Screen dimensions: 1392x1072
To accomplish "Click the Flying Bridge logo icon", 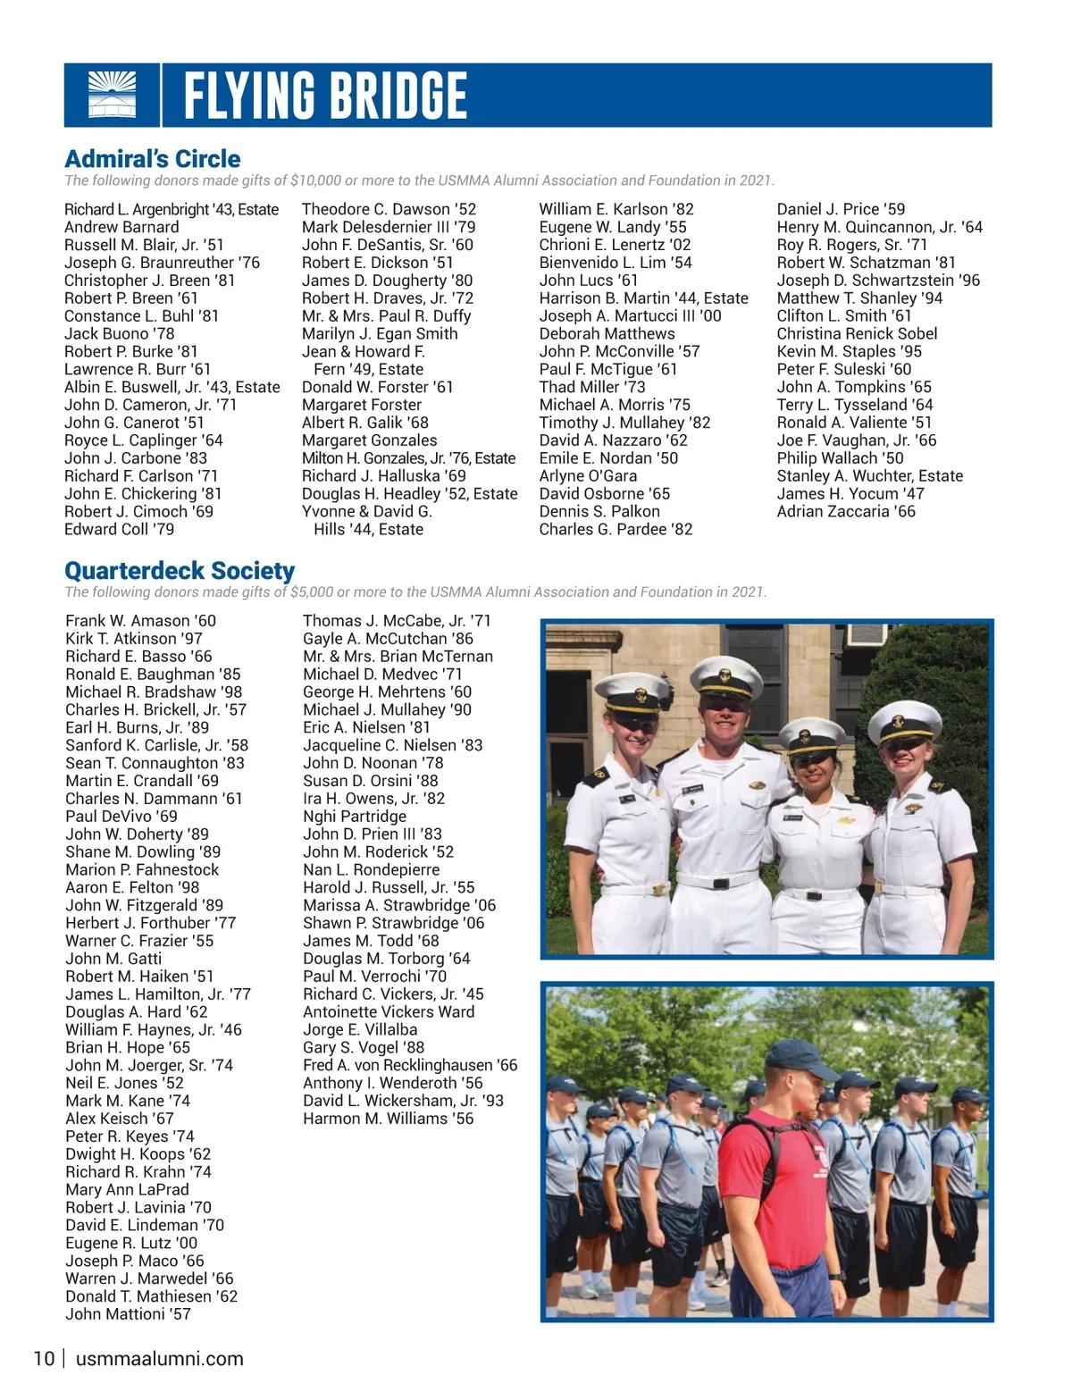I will (x=113, y=95).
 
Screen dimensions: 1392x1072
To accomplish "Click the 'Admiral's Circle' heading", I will (x=153, y=159).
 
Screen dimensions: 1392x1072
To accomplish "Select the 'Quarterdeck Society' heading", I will (x=180, y=571).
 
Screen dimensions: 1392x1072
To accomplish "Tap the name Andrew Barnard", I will (x=121, y=227).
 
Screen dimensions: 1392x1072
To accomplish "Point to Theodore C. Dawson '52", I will (x=389, y=209).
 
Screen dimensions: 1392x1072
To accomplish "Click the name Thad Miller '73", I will (x=591, y=387).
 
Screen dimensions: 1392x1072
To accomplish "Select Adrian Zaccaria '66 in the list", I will (x=846, y=511).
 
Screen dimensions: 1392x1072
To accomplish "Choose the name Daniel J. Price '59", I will (x=841, y=209).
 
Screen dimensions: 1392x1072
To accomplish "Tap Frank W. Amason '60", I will (x=140, y=621).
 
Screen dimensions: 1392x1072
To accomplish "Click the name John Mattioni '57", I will (x=128, y=1314).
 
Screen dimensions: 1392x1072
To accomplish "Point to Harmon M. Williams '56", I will (x=388, y=1119).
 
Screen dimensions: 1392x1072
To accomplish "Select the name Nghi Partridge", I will (x=354, y=816).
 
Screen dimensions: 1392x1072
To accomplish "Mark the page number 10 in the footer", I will (x=44, y=1359).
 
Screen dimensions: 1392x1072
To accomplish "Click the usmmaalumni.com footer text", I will (x=160, y=1359).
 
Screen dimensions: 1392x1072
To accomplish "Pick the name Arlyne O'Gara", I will (x=588, y=476).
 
